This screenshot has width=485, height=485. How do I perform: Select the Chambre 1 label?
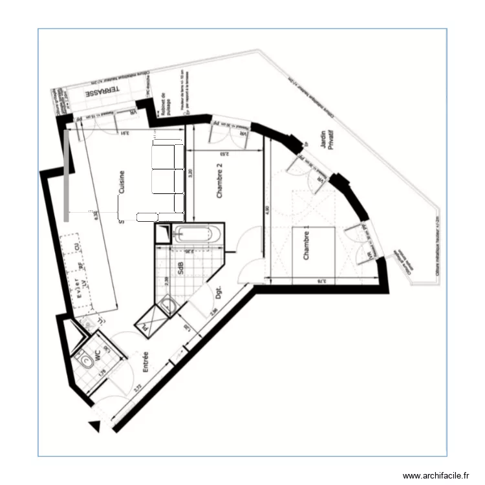click(307, 246)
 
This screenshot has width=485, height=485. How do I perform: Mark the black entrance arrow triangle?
click(95, 426)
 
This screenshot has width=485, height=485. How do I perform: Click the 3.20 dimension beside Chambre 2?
click(190, 175)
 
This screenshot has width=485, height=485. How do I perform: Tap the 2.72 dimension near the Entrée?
click(138, 389)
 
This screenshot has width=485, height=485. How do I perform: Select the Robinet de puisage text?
click(167, 103)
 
